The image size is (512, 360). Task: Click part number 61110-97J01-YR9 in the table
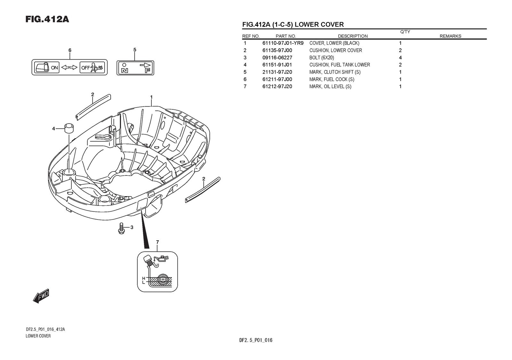pos(283,43)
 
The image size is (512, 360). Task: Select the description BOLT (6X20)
pos(321,58)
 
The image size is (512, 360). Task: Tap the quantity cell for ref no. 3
pos(400,58)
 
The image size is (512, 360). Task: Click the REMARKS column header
pos(450,36)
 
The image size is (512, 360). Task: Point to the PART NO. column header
pos(285,36)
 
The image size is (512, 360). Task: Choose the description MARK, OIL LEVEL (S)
pos(330,86)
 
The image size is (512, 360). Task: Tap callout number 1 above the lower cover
pos(151,97)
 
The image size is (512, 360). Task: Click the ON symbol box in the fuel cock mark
pos(47,67)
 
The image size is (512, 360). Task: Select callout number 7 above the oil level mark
pos(157,242)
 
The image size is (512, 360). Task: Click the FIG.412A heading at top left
pos(47,19)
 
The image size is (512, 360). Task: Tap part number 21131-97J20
pos(277,72)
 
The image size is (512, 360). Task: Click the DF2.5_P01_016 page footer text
pos(256,340)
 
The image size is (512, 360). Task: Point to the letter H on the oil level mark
pos(144,278)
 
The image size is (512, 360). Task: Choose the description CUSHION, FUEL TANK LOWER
pos(339,65)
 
